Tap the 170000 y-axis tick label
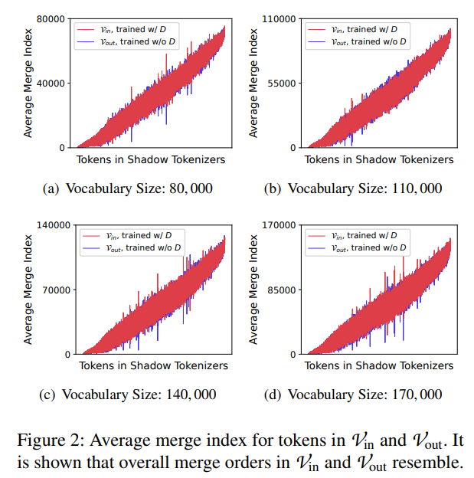tap(276, 225)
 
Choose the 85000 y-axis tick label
tap(279, 290)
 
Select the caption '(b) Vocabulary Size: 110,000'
tap(351, 188)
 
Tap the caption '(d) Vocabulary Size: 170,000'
tap(351, 395)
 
